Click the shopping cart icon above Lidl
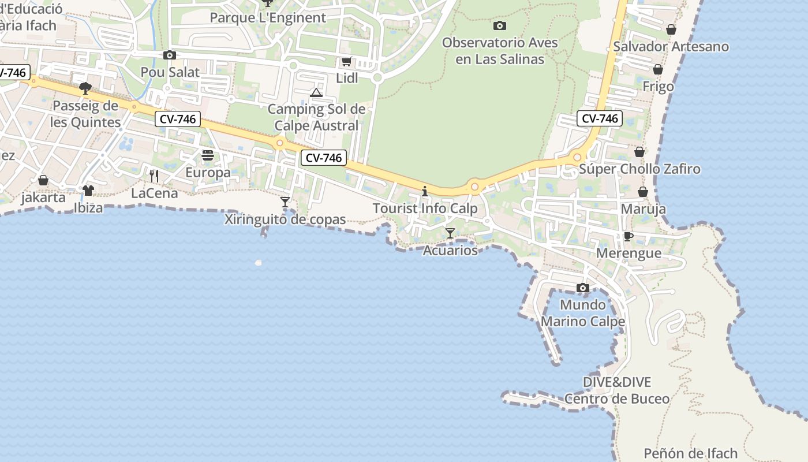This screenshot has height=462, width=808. (x=346, y=62)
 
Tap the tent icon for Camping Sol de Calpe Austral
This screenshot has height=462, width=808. (x=316, y=92)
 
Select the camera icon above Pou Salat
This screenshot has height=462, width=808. (x=170, y=55)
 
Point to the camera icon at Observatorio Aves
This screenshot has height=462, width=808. (x=500, y=25)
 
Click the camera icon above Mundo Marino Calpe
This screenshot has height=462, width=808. (x=583, y=288)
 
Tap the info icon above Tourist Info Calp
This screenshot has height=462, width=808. (x=425, y=191)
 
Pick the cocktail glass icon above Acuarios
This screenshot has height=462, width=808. (x=450, y=233)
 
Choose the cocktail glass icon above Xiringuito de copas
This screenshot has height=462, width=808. (x=285, y=202)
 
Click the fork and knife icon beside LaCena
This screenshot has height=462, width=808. (x=154, y=176)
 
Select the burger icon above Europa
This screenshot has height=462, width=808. (x=208, y=155)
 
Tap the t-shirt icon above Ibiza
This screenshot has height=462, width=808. (x=88, y=190)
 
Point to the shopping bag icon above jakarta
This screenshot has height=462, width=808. (x=43, y=180)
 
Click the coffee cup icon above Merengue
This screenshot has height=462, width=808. (x=629, y=236)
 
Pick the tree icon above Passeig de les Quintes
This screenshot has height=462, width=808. (x=85, y=88)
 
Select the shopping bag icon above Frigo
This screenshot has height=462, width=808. (x=658, y=70)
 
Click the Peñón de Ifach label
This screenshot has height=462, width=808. (x=690, y=453)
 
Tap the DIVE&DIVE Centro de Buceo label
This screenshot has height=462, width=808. (x=617, y=390)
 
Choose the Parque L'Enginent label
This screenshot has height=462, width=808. (x=268, y=17)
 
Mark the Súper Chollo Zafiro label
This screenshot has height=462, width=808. (x=639, y=169)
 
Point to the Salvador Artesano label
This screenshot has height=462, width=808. (x=671, y=46)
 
